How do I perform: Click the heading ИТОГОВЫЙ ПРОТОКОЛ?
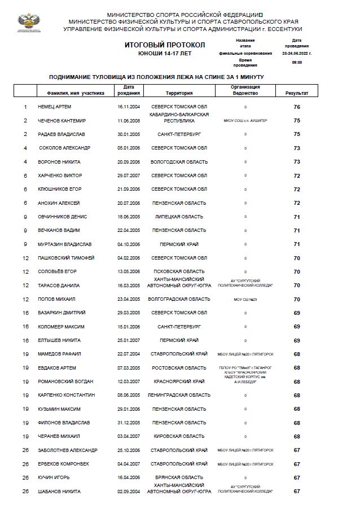pyautogui.click(x=165, y=45)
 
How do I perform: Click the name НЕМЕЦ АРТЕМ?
pyautogui.click(x=54, y=107)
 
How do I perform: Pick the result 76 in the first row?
pyautogui.click(x=297, y=107)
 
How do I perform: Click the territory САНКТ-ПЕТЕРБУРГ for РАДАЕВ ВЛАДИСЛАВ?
pyautogui.click(x=179, y=134)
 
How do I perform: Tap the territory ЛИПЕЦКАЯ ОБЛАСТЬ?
pyautogui.click(x=179, y=217)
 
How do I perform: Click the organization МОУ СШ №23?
pyautogui.click(x=245, y=299)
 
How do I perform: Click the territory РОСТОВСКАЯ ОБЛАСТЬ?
pyautogui.click(x=179, y=368)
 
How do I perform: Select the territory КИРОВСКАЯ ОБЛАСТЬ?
pyautogui.click(x=179, y=436)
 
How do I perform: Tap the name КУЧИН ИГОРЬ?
pyautogui.click(x=54, y=477)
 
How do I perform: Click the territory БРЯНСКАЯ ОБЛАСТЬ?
pyautogui.click(x=179, y=477)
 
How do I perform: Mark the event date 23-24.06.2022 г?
pyautogui.click(x=297, y=53)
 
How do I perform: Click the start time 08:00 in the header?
pyautogui.click(x=297, y=62)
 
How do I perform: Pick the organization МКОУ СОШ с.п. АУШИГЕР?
pyautogui.click(x=245, y=121)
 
